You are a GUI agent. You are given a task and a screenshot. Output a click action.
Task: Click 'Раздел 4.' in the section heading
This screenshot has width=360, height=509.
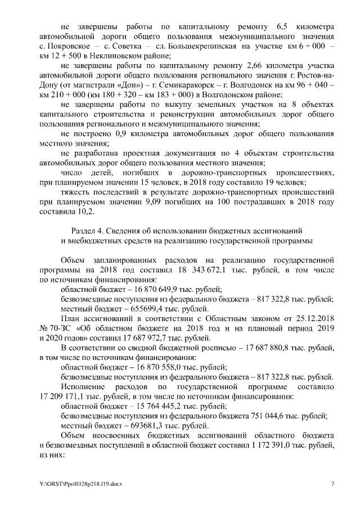(x=89, y=231)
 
